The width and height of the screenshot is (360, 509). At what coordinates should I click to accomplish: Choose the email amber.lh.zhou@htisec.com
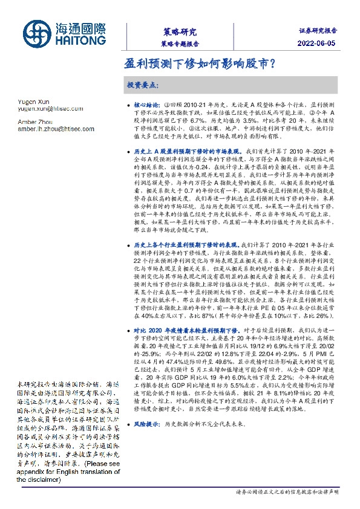(x=57, y=129)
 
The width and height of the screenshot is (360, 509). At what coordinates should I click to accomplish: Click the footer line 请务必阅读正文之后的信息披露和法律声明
(x=287, y=492)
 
